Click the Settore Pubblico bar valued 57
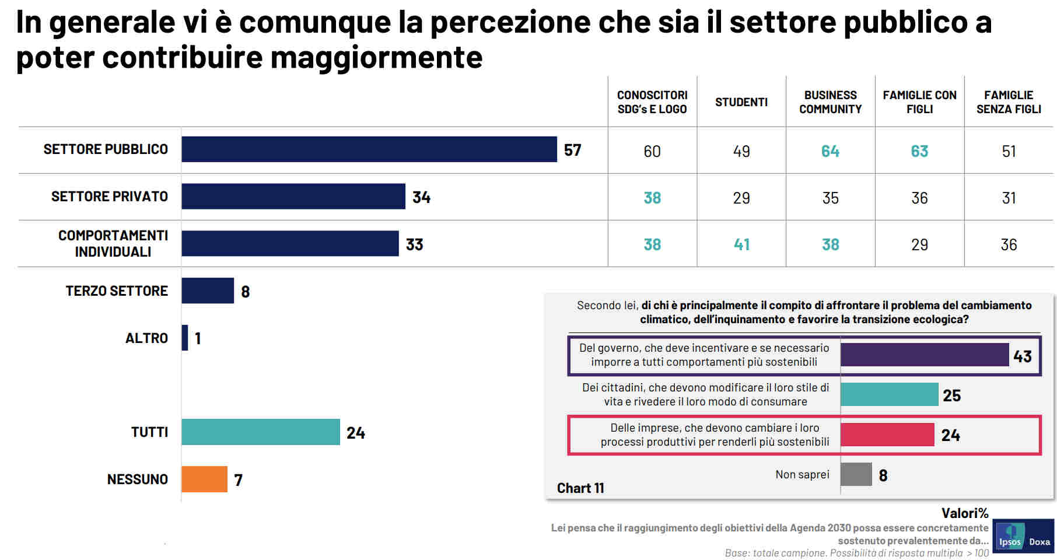[x=369, y=149]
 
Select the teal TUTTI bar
[x=260, y=432]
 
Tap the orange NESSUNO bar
[x=204, y=479]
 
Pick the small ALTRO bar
[x=185, y=338]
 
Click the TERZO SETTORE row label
[x=117, y=290]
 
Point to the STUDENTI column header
[x=741, y=102]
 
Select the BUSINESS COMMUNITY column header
[x=830, y=102]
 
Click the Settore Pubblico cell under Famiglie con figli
[x=919, y=151]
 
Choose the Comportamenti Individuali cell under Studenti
[x=741, y=244]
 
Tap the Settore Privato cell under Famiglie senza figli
[x=1009, y=198]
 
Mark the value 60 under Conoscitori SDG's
[x=652, y=151]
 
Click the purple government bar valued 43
[x=924, y=355]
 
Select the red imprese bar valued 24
[x=887, y=435]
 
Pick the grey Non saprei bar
[x=856, y=474]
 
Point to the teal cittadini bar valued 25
[x=889, y=394]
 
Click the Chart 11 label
[x=580, y=488]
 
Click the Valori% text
[x=964, y=513]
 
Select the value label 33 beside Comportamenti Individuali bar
[x=414, y=244]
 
